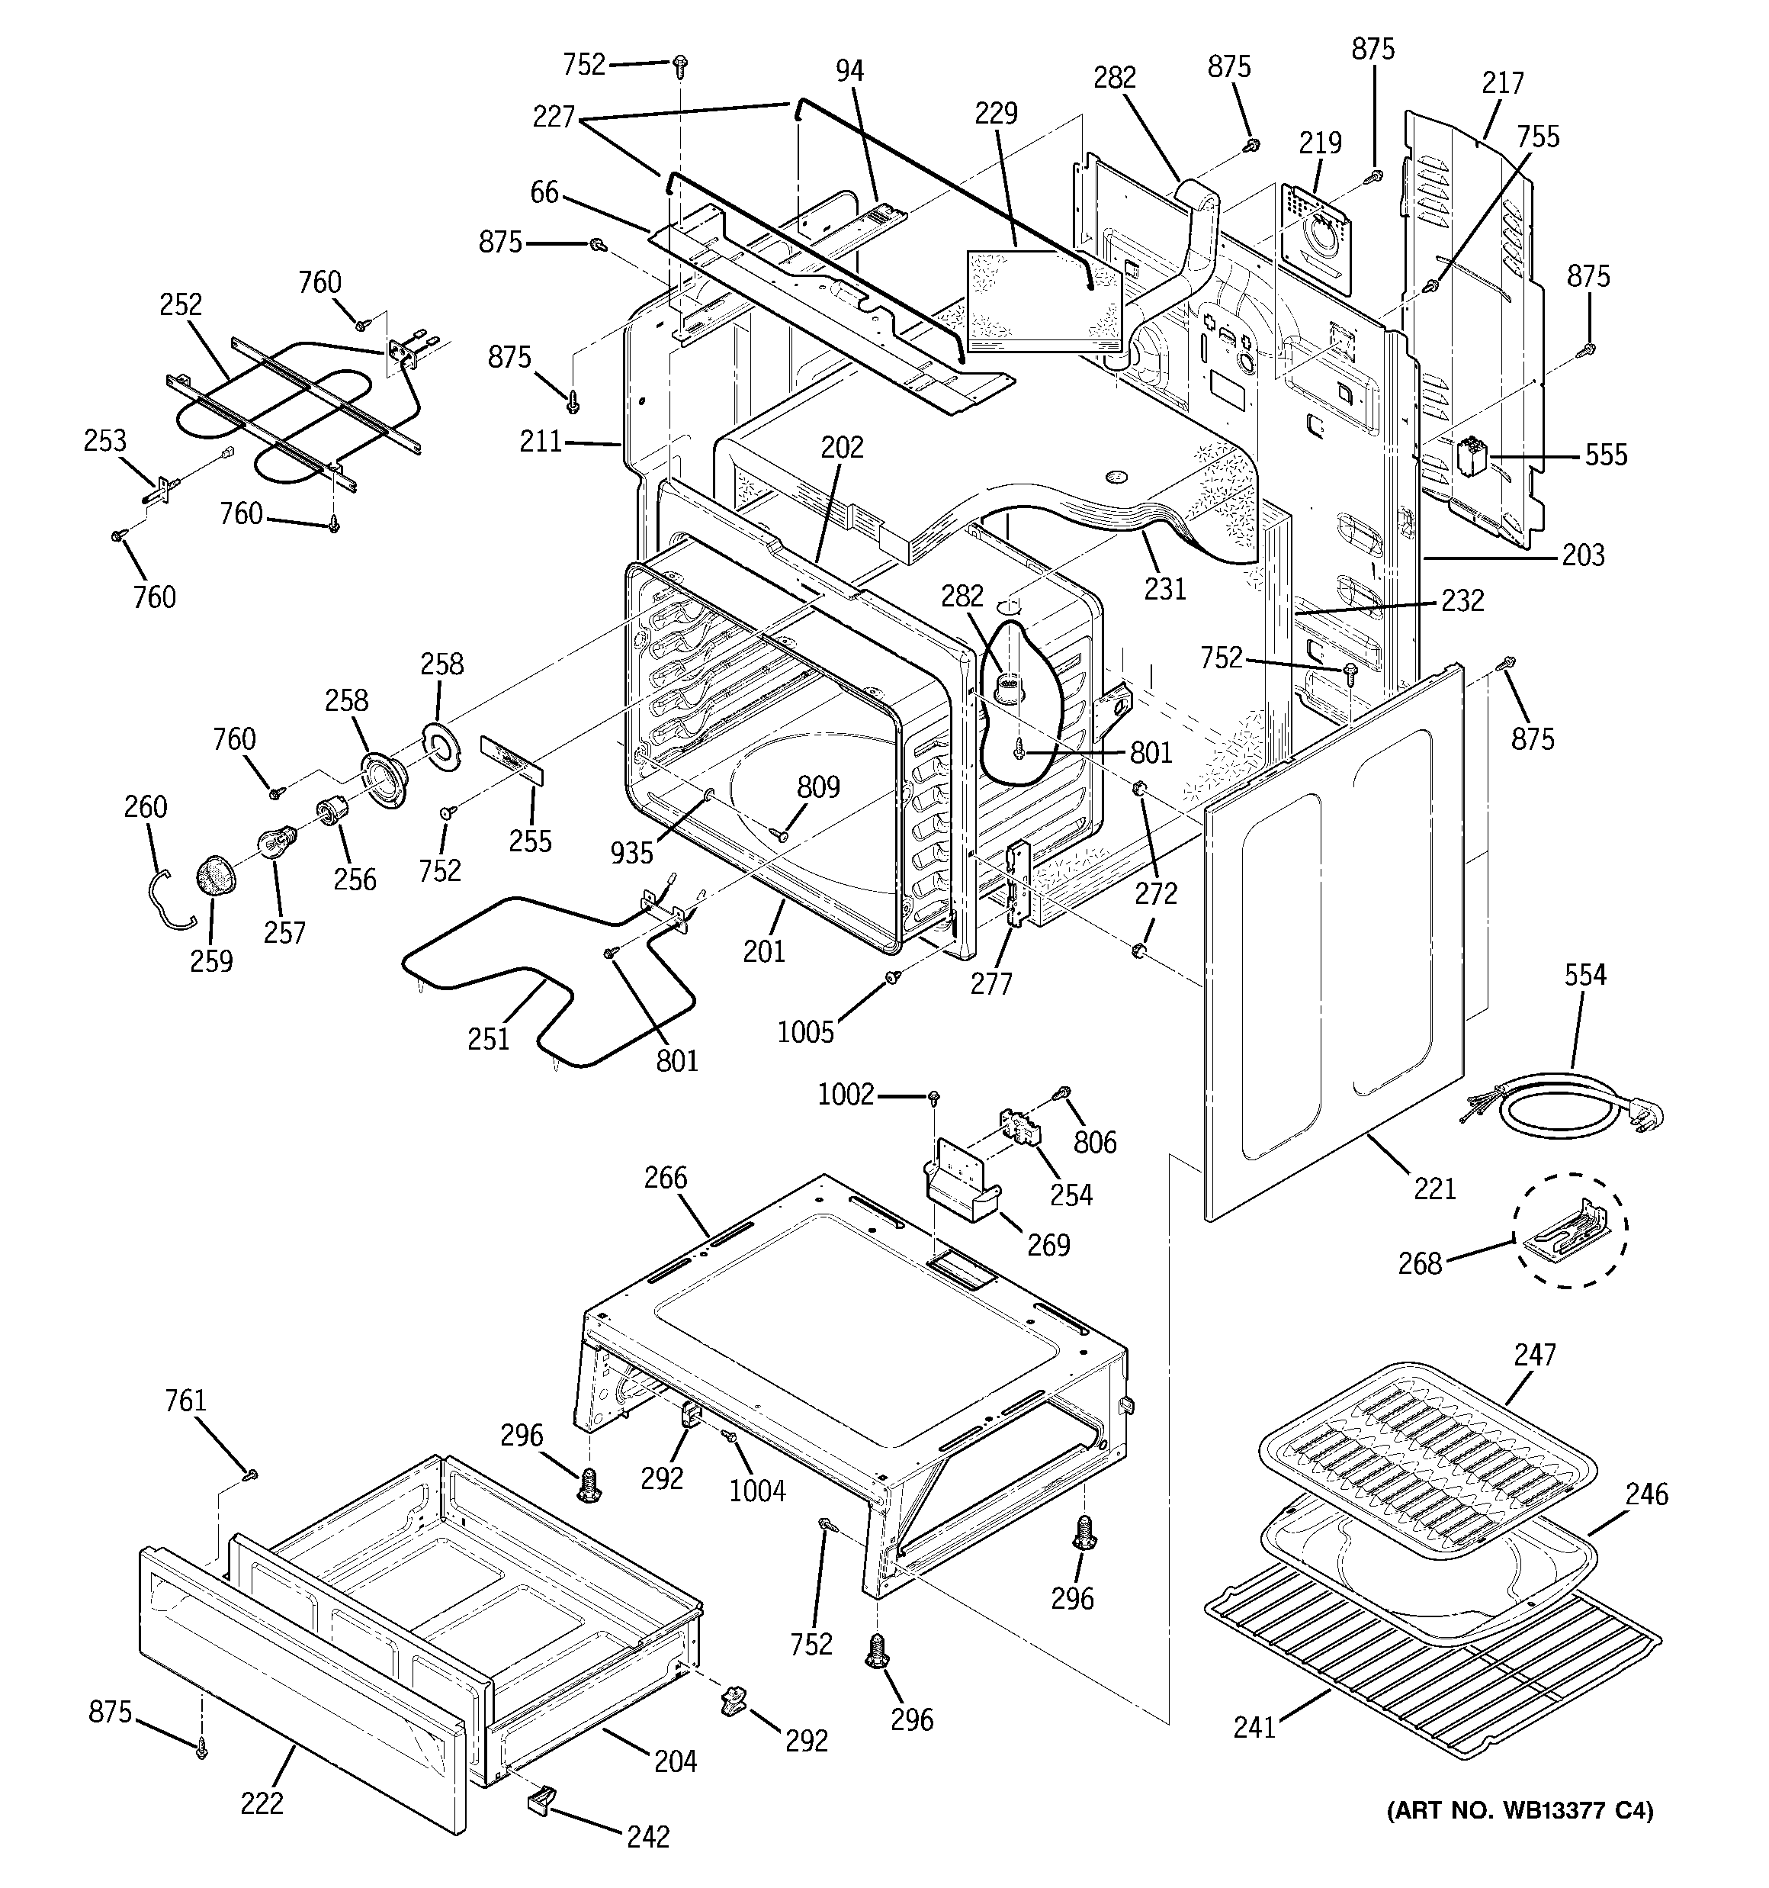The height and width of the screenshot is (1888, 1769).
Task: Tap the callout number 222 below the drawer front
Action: point(262,1803)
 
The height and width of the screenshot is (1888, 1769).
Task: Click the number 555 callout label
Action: point(1606,455)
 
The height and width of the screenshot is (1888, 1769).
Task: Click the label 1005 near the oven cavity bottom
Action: point(805,1031)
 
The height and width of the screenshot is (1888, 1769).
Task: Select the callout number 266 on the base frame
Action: point(665,1178)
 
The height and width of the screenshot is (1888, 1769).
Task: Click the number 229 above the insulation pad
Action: point(995,114)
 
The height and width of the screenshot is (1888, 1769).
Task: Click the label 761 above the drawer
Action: point(185,1401)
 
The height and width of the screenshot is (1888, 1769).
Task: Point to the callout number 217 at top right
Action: point(1502,84)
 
